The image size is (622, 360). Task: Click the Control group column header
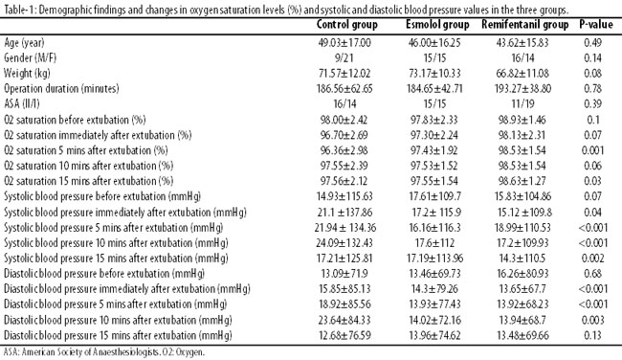point(346,26)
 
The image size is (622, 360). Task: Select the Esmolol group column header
point(437,26)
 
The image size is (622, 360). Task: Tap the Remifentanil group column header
point(524,26)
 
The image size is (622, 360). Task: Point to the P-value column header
point(596,25)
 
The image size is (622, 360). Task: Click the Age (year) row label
point(24,43)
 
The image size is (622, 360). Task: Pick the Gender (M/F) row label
point(31,58)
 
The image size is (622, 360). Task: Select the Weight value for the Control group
point(344,74)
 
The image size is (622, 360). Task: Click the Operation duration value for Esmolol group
point(434,88)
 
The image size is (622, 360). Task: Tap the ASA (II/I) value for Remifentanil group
point(522,104)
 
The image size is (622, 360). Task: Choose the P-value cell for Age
point(593,43)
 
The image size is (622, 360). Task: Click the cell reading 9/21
point(344,58)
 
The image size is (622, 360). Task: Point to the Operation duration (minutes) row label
point(61,88)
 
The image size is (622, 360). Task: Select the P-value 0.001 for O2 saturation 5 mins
point(593,150)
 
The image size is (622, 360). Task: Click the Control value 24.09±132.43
point(344,243)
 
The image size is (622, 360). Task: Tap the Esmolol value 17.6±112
point(434,243)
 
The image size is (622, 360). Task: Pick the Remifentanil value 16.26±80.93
point(522,274)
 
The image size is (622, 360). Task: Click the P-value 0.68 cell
point(593,274)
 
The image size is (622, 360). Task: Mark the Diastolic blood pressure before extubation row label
point(104,274)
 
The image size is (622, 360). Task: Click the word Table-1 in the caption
point(20,10)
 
